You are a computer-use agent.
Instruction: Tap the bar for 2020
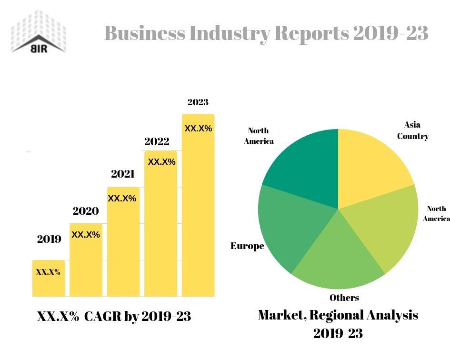(86, 262)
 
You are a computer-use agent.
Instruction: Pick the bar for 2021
(123, 243)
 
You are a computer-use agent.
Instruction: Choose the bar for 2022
(160, 224)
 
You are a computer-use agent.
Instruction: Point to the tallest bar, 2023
(198, 205)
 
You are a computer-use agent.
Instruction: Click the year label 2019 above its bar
(49, 239)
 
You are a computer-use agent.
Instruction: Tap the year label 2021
(122, 174)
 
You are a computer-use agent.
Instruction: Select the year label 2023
(198, 102)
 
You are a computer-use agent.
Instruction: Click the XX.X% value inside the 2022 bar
(162, 162)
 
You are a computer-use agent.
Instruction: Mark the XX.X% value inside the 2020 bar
(86, 234)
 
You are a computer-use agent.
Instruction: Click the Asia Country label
(413, 130)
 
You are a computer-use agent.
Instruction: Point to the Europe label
(247, 246)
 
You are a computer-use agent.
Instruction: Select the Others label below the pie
(344, 298)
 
